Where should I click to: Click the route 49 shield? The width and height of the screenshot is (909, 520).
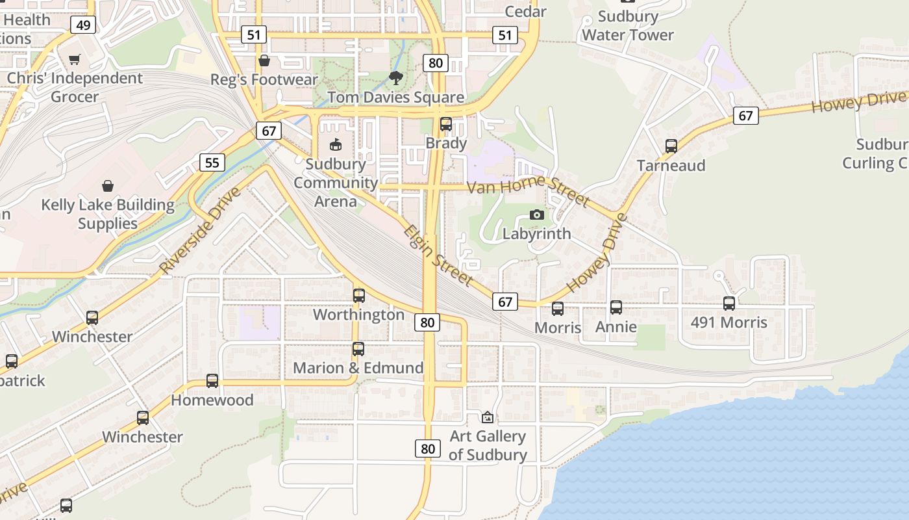click(x=83, y=25)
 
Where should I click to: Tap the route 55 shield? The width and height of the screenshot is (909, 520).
click(x=212, y=162)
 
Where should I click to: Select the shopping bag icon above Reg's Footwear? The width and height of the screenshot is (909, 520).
click(x=264, y=60)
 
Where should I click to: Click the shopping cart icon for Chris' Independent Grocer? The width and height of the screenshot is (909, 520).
click(x=74, y=59)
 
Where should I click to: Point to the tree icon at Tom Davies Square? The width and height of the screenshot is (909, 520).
click(x=395, y=78)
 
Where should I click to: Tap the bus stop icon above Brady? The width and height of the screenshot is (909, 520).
click(x=446, y=124)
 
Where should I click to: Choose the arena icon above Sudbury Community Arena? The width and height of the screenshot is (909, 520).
click(x=336, y=144)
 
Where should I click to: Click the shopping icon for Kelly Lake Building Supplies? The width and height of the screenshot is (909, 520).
click(x=108, y=186)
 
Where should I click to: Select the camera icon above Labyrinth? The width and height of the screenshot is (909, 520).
click(x=536, y=214)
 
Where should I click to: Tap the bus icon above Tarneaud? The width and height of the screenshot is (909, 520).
click(x=671, y=146)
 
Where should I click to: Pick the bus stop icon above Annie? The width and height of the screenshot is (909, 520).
click(x=616, y=307)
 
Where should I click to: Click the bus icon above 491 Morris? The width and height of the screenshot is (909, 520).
click(x=729, y=303)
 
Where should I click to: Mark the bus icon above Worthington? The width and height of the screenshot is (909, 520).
click(x=358, y=296)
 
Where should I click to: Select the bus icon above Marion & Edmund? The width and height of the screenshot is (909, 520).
click(x=358, y=349)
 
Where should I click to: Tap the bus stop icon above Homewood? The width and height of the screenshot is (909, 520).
click(x=212, y=381)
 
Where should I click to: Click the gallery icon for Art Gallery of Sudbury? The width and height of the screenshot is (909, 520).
click(x=488, y=417)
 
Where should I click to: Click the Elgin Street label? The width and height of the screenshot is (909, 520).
click(x=438, y=255)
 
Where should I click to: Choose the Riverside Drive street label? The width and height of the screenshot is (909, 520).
click(x=199, y=231)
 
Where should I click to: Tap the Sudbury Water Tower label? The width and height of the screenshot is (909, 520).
click(x=627, y=25)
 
